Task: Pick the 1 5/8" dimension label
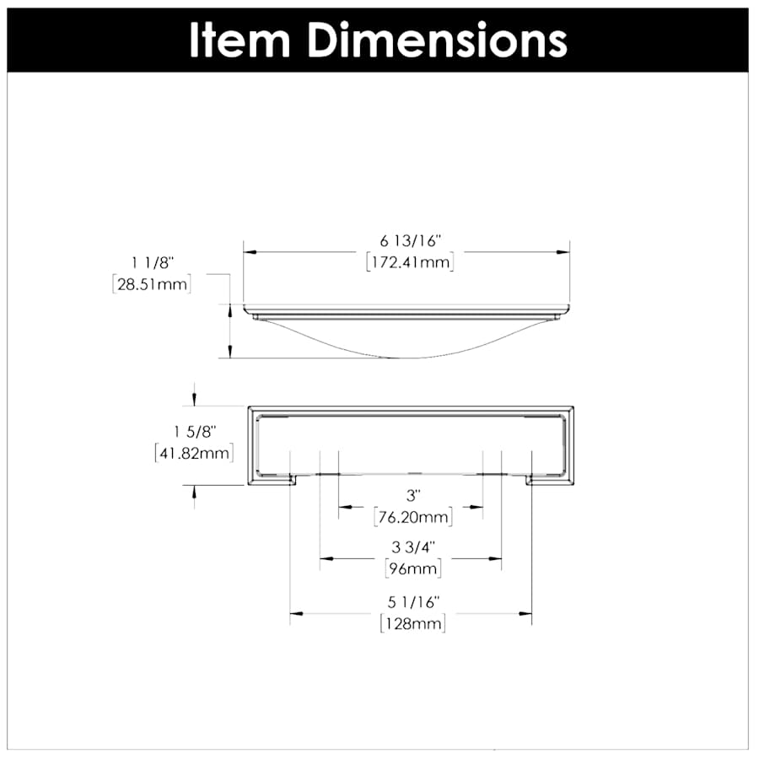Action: click(193, 432)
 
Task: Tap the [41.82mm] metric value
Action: click(193, 453)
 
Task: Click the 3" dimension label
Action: click(412, 493)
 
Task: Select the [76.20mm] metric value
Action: click(412, 515)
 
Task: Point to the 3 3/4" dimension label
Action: click(412, 546)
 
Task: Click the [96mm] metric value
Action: click(412, 568)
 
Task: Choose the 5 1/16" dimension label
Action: click(412, 602)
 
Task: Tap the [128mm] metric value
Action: click(412, 624)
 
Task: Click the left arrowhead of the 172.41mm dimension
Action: click(250, 251)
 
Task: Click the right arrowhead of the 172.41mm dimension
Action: click(563, 251)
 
